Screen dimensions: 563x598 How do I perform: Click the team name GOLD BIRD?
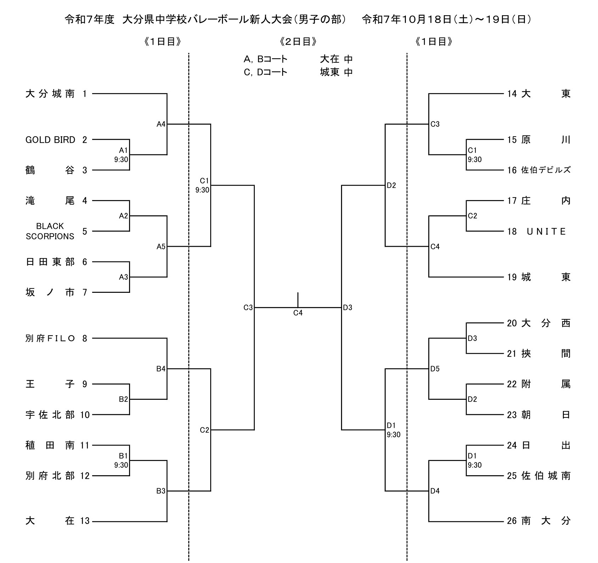[x=50, y=140]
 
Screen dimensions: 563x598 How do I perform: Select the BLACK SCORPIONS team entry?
[x=50, y=231]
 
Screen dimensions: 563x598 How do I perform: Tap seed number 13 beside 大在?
[x=85, y=521]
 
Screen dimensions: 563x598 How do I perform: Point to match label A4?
[x=161, y=124]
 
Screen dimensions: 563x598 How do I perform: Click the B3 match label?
[x=161, y=491]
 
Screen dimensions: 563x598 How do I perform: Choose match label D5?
[x=435, y=369]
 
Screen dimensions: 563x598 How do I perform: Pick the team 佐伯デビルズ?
[x=546, y=170]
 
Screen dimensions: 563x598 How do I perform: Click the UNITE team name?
[x=546, y=232]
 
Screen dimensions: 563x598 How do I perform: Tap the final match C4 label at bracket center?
[x=298, y=313]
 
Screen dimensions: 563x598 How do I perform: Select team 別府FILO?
[x=50, y=339]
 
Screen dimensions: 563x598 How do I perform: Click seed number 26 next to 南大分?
[x=512, y=521]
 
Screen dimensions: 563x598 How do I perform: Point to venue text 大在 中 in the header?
[x=336, y=59]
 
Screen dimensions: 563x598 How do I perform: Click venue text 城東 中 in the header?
[x=336, y=72]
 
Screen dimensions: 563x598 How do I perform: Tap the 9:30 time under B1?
[x=121, y=465]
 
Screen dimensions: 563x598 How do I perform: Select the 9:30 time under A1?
[x=121, y=160]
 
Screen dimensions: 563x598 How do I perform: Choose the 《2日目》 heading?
[x=298, y=42]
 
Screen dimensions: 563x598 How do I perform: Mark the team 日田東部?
[x=50, y=262]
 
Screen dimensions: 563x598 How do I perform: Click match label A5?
[x=161, y=246]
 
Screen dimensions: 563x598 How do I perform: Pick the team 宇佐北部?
[x=50, y=415]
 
